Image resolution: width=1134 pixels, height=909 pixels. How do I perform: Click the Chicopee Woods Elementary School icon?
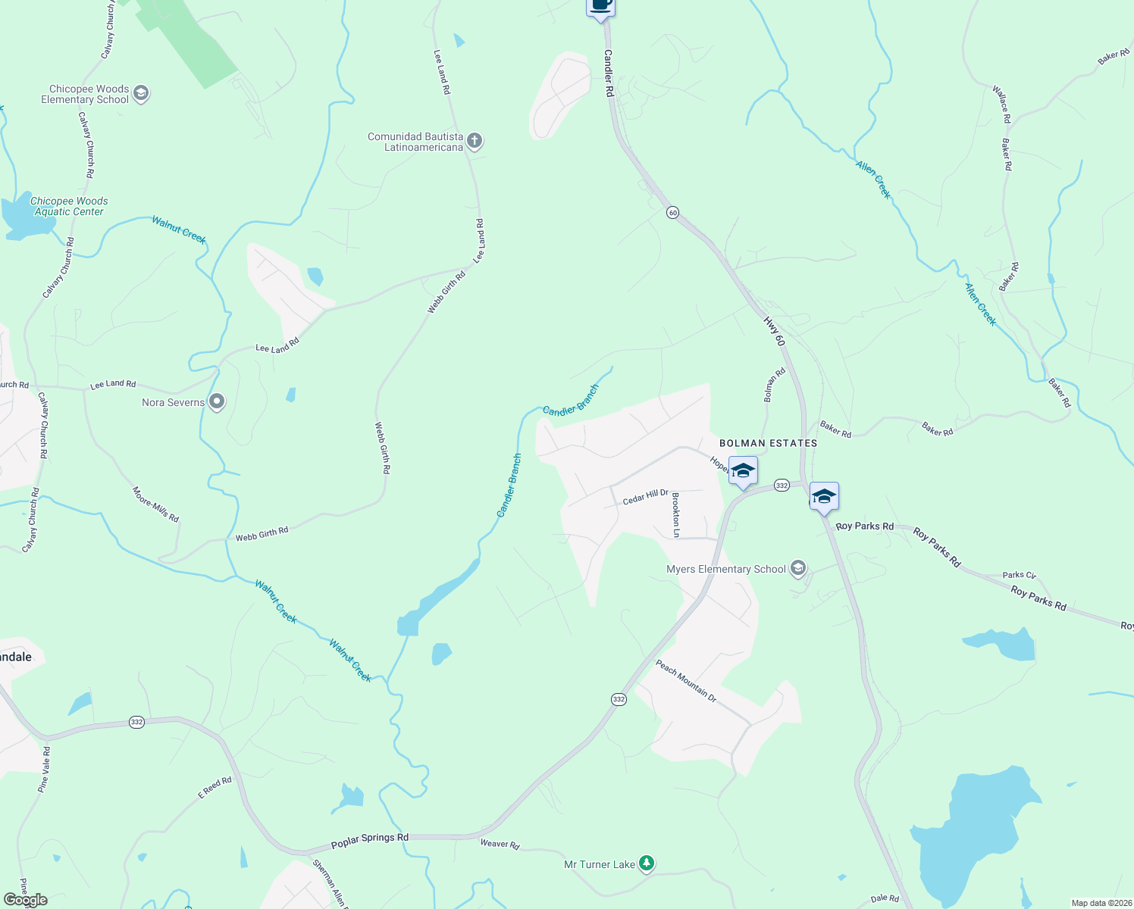tap(140, 93)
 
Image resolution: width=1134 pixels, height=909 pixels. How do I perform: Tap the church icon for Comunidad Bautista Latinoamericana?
tap(475, 141)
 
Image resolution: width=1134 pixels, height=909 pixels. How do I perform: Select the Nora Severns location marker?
tap(217, 401)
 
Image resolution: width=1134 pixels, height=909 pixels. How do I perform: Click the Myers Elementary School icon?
tap(797, 568)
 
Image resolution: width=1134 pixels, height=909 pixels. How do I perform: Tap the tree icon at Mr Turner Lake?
tap(646, 864)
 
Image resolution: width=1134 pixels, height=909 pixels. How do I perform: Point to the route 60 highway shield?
tap(672, 213)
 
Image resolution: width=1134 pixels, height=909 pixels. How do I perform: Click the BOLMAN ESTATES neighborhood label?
tap(768, 443)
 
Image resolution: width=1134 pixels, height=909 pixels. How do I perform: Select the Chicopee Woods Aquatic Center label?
tap(69, 206)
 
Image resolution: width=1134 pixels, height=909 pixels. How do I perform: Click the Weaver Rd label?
tap(500, 844)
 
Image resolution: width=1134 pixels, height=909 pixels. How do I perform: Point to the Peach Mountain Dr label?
tap(686, 681)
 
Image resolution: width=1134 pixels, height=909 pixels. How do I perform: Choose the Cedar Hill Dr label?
tap(645, 497)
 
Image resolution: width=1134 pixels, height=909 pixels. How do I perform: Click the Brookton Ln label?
tap(676, 514)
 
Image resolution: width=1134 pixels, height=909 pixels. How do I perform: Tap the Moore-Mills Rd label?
tap(155, 504)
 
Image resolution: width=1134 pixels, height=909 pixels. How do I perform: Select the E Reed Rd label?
tap(215, 788)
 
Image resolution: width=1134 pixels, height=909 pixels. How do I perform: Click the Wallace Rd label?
tap(1001, 105)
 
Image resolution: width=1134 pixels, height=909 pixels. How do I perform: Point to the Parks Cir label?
tap(1019, 576)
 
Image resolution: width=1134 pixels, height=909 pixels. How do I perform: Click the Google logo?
tap(26, 900)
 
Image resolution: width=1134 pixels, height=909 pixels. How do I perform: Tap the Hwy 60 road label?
tap(774, 332)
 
